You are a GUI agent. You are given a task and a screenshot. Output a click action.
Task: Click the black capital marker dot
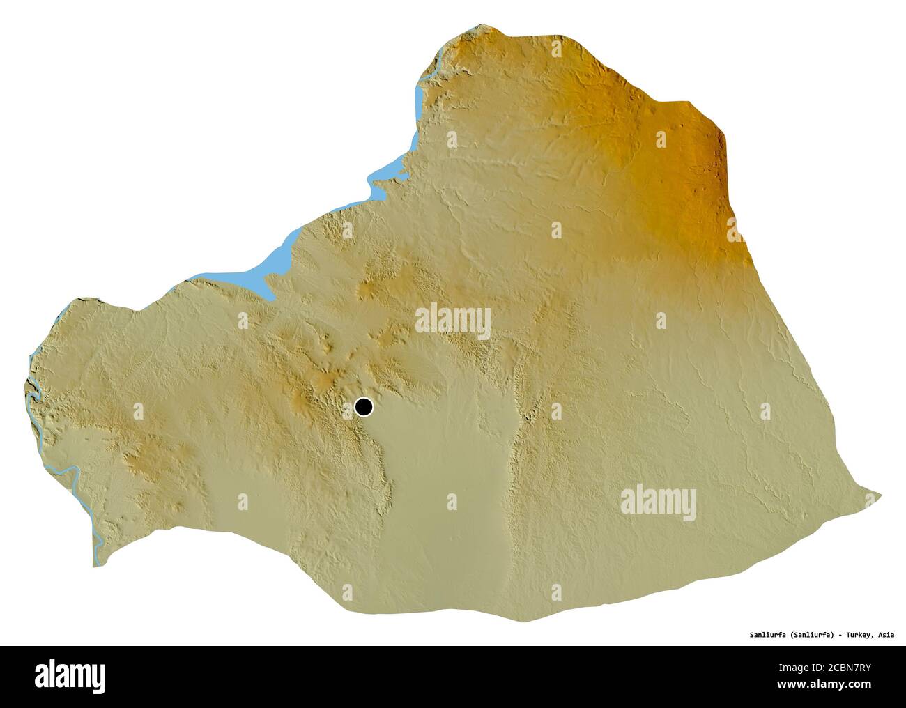pyautogui.click(x=363, y=406)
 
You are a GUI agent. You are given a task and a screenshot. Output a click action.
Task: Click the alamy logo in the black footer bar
pyautogui.click(x=70, y=675)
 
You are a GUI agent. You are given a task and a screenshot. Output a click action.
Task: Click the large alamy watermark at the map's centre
pyautogui.click(x=453, y=322)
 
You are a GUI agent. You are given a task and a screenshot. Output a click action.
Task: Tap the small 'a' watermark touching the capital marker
pyautogui.click(x=348, y=412)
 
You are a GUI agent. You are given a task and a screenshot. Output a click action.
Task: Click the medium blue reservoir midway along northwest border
pyautogui.click(x=387, y=171)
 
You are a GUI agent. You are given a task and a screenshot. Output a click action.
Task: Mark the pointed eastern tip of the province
pyautogui.click(x=880, y=495)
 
